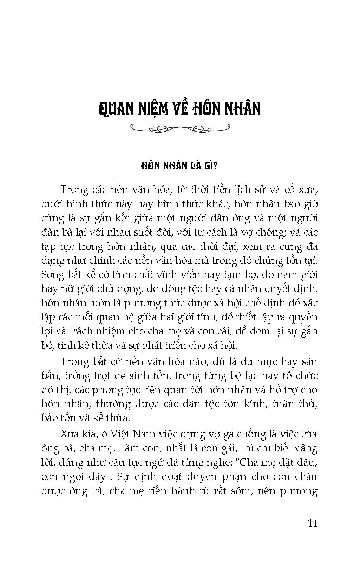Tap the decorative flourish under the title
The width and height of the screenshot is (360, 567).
tap(180, 128)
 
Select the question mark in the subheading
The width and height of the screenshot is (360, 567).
tap(216, 166)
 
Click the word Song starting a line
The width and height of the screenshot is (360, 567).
tap(51, 274)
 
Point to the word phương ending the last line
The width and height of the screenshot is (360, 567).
tap(300, 491)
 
